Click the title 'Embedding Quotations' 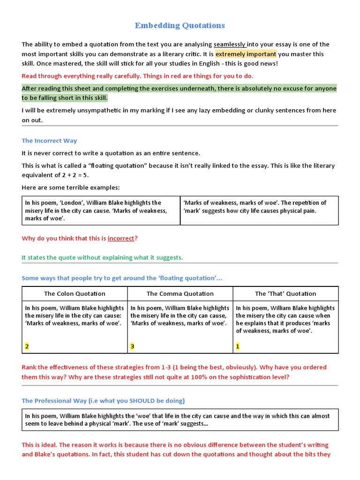(x=180, y=26)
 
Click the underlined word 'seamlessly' (x=230, y=45)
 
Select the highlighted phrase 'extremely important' (x=246, y=54)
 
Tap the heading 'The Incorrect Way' (x=49, y=141)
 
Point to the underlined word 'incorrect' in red (x=121, y=238)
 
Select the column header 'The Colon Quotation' (x=75, y=294)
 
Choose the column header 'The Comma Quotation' (x=180, y=294)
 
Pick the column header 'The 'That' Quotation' (x=285, y=294)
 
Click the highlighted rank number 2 (x=27, y=346)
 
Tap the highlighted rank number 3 (x=133, y=346)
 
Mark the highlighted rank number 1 (x=238, y=346)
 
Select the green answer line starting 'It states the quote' (x=102, y=258)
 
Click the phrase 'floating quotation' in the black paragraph (x=116, y=166)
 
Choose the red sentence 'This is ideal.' (x=39, y=445)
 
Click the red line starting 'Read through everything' (x=137, y=76)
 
